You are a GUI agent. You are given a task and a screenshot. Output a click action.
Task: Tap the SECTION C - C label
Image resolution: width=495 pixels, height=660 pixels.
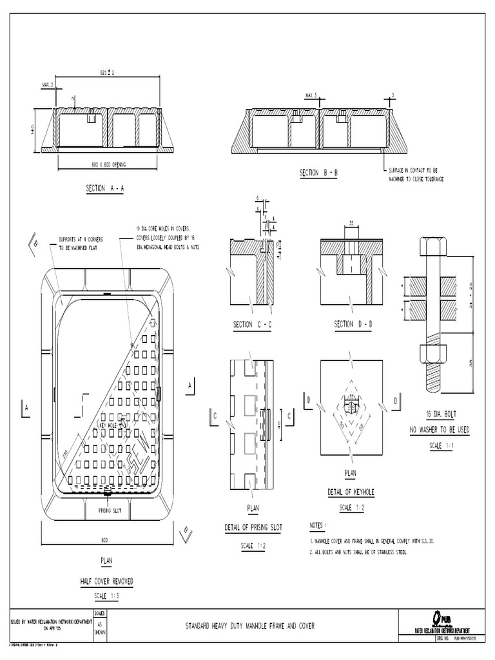(253, 325)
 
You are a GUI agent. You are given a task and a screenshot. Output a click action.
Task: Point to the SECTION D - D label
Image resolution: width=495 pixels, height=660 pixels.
(353, 324)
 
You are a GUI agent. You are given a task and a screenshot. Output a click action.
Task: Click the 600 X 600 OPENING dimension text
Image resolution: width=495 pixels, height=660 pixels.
(108, 165)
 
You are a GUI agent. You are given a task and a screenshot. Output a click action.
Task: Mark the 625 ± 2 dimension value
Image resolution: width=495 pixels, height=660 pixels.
(107, 72)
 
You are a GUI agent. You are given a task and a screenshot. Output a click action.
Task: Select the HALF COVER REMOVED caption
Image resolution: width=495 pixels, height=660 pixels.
(106, 581)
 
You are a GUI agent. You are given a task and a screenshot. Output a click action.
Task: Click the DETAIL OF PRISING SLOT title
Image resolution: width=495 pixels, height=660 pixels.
(253, 527)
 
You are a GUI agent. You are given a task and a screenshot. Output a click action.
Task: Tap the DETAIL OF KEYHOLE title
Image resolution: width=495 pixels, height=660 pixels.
(351, 492)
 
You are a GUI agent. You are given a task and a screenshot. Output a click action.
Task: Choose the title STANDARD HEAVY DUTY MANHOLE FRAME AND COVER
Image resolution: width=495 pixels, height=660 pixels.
(250, 625)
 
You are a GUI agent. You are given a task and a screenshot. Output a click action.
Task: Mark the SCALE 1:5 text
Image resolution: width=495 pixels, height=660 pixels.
(106, 596)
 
